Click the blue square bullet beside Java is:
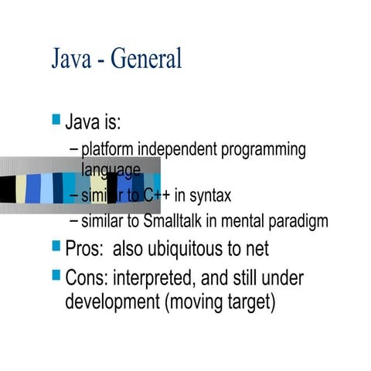coord(56,119)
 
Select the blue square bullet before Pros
coord(56,246)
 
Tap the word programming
coord(264,149)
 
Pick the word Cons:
coord(87,277)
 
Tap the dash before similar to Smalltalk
coord(73,222)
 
